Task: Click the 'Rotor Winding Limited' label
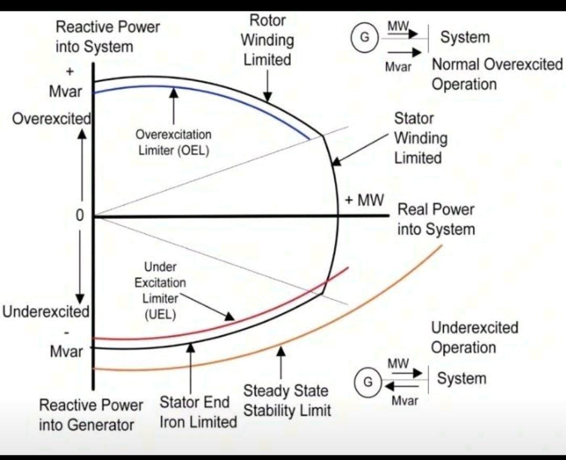coord(267,40)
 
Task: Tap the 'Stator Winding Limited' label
coord(420,138)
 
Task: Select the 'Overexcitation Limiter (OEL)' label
coord(173,142)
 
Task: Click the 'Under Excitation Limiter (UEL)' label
coord(160,291)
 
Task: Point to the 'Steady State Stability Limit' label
coord(287,401)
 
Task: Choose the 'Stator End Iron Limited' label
coord(198,412)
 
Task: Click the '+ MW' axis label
coord(364,200)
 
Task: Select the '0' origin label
coord(80,215)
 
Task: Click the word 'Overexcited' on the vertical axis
coord(51,118)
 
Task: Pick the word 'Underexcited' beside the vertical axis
coord(46,312)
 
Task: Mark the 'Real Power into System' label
coord(436,219)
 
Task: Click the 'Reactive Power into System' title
coord(107,37)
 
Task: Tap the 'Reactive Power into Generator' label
coord(91,414)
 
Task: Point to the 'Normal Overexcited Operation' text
coord(497,74)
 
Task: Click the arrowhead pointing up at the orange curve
coord(281,351)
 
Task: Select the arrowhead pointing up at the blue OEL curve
coord(173,93)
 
